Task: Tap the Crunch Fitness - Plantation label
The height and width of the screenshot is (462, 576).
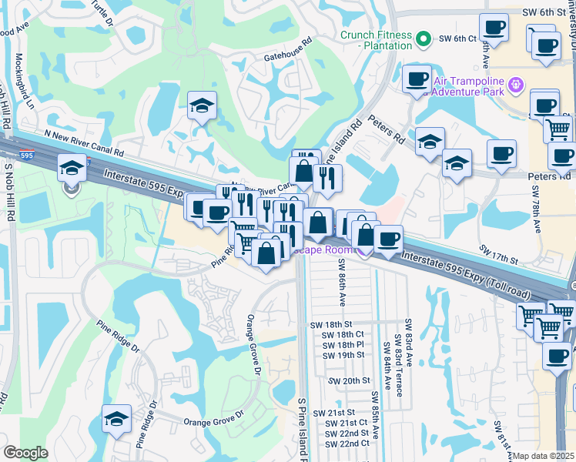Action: tap(375, 40)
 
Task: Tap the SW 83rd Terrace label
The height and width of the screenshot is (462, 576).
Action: tap(397, 362)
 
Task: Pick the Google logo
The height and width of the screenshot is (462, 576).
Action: tap(25, 453)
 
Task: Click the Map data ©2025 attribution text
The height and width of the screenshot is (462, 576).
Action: tap(544, 456)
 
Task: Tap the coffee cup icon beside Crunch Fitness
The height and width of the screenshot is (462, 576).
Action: tap(417, 78)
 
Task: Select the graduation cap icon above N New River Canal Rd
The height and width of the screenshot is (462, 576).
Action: tap(202, 104)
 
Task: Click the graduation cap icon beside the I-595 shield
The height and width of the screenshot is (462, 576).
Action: tap(72, 169)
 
